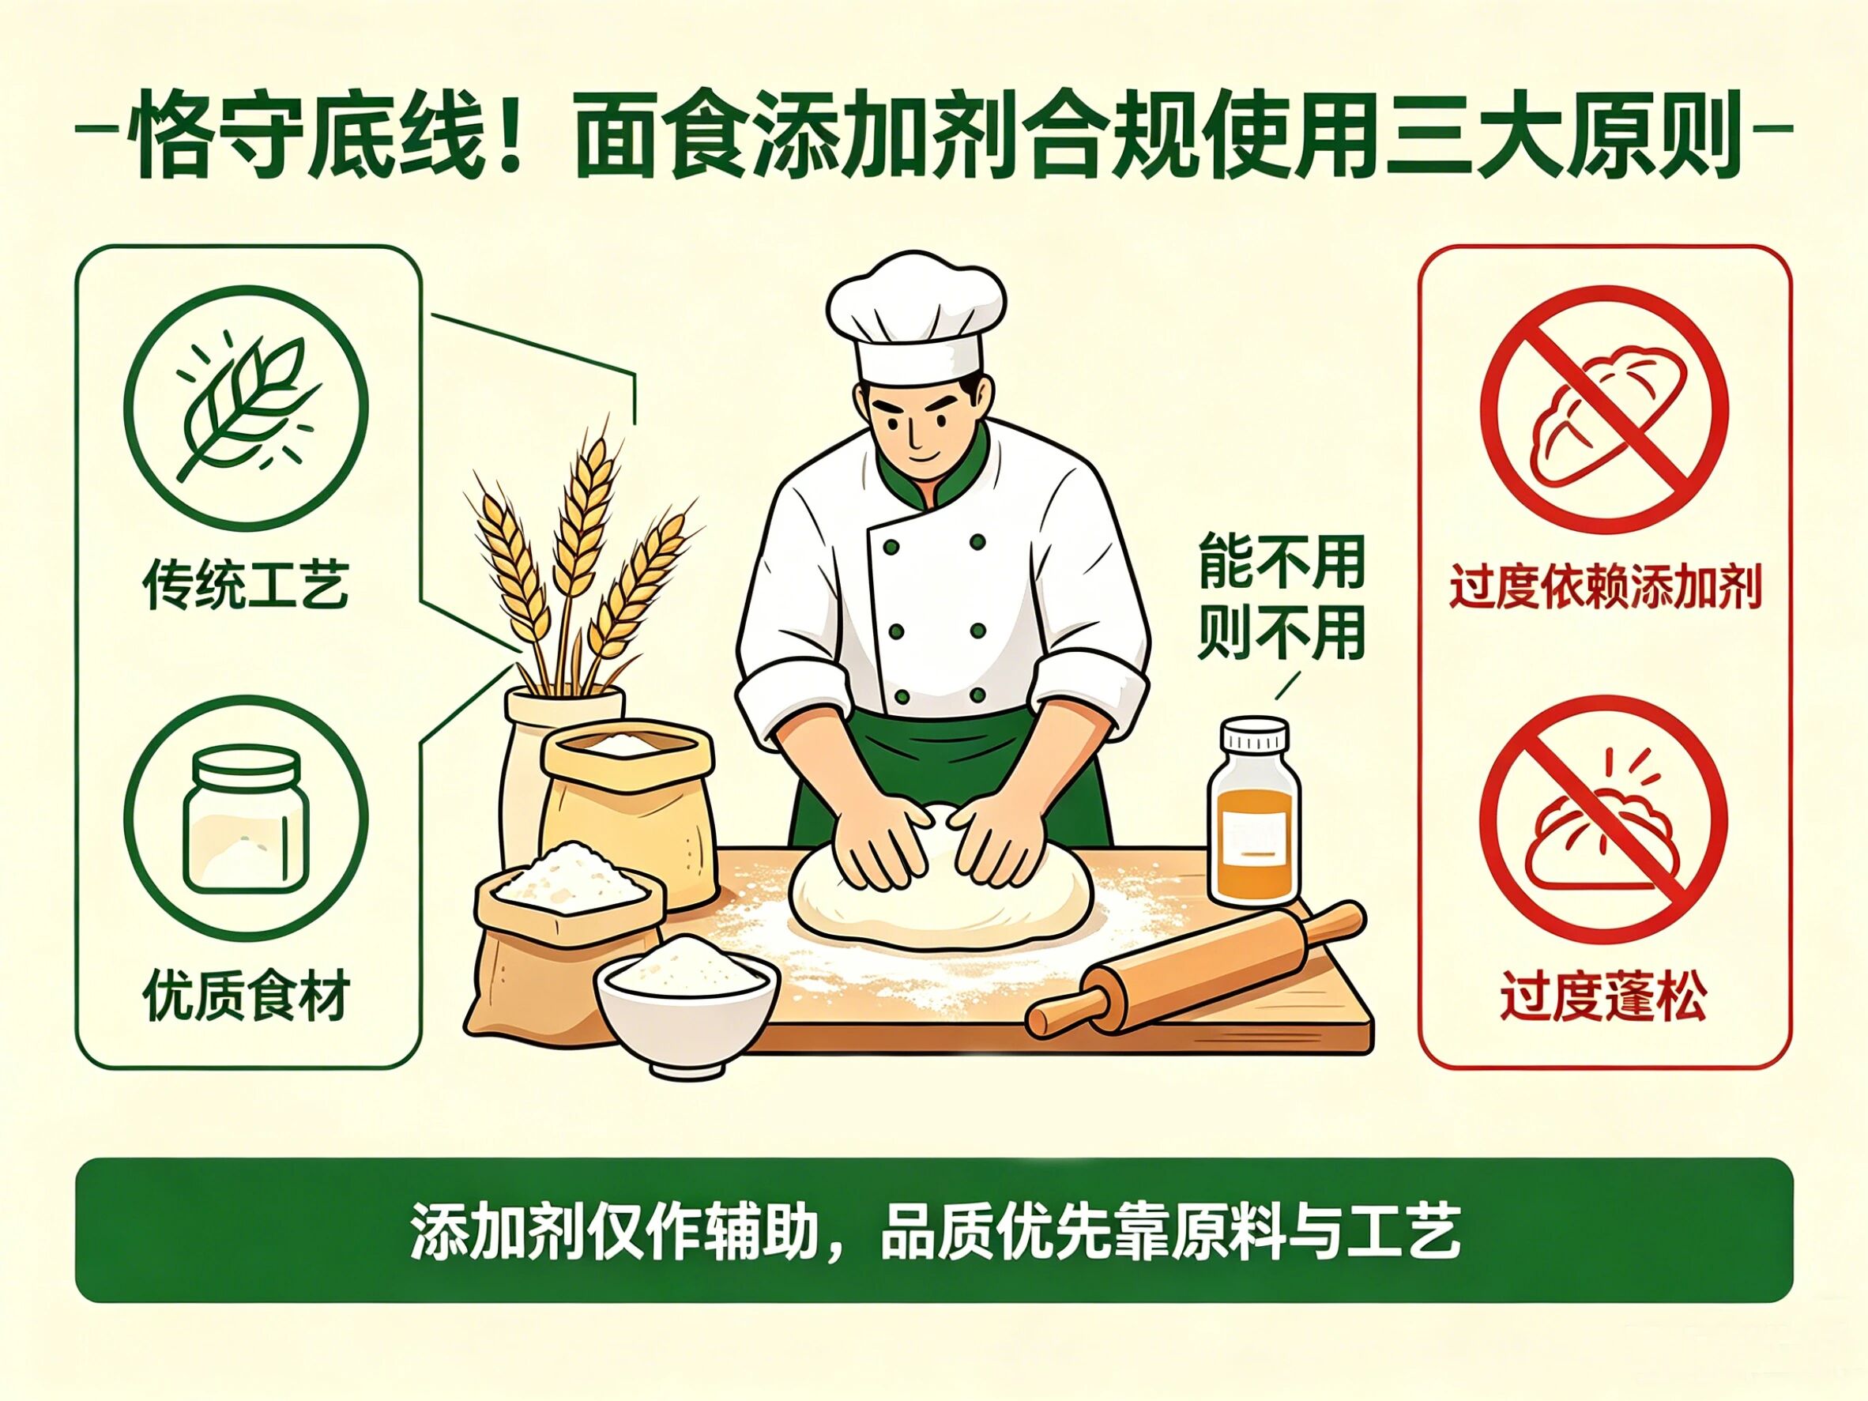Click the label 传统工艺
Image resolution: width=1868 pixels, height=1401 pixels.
pos(246,586)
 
